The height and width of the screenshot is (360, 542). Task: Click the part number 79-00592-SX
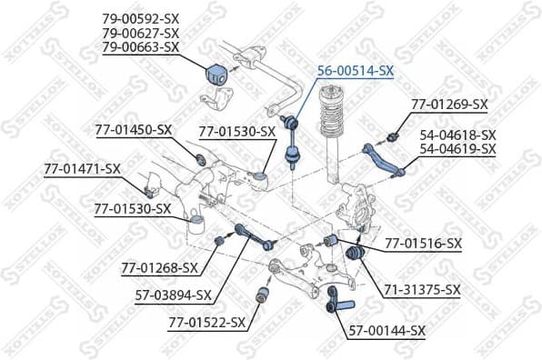tap(140, 19)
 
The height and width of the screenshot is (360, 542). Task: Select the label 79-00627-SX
tap(140, 33)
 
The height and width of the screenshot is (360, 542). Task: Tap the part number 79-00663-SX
tap(140, 47)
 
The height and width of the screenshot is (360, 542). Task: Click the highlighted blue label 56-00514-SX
tap(356, 71)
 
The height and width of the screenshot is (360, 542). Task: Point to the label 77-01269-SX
tap(449, 104)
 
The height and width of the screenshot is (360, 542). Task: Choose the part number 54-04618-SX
tap(457, 135)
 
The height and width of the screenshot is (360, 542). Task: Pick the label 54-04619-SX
tap(457, 149)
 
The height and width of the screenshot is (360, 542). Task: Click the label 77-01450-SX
tap(134, 130)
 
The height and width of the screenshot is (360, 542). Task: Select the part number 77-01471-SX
tap(82, 169)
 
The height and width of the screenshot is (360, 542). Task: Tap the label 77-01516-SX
tap(424, 244)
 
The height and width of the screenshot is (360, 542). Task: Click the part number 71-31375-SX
tap(422, 289)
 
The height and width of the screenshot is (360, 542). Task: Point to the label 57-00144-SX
tap(387, 331)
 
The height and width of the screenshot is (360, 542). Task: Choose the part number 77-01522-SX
tap(206, 323)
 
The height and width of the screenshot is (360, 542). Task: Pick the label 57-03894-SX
tap(173, 295)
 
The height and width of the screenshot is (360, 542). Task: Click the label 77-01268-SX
tap(159, 267)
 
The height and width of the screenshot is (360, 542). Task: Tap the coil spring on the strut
tap(331, 114)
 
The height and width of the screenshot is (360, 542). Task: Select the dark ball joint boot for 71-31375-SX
tap(356, 254)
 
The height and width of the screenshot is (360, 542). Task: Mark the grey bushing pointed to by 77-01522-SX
tap(263, 294)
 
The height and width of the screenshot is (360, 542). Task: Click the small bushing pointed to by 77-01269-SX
tap(392, 137)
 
